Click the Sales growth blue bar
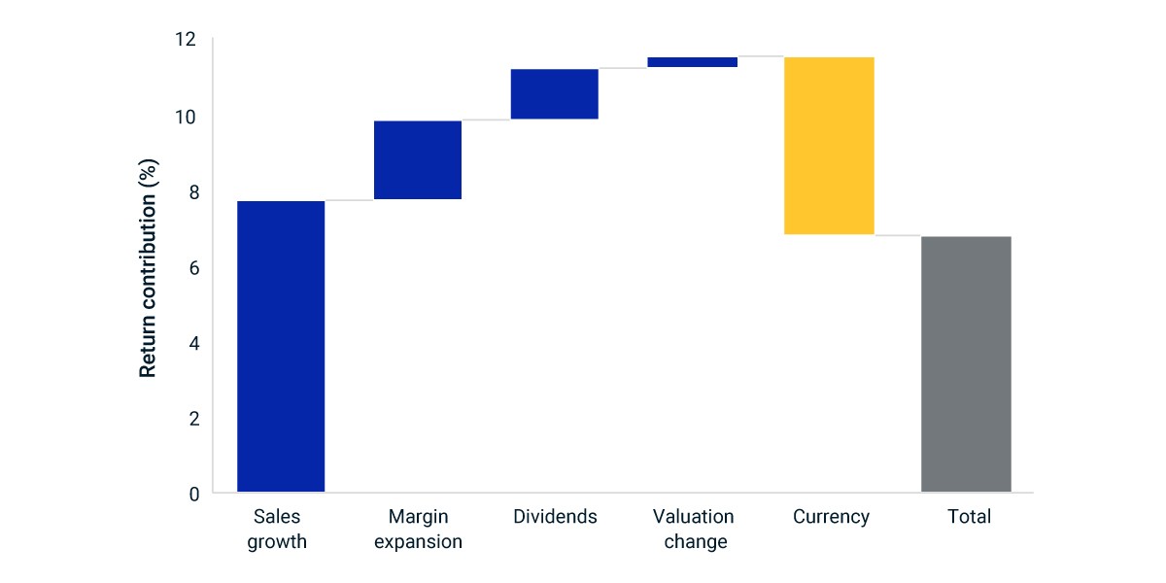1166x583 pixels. [281, 346]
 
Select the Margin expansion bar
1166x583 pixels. [418, 159]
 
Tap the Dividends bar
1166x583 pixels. [555, 93]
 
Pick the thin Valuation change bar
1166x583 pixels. [692, 62]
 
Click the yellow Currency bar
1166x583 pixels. [829, 146]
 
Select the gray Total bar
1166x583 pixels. [966, 363]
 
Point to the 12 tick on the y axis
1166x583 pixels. [186, 40]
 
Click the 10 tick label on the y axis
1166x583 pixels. [186, 118]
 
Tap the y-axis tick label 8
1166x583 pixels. [194, 192]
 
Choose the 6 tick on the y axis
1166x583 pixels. [194, 268]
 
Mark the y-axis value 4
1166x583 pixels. [194, 344]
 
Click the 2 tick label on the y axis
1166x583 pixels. [194, 419]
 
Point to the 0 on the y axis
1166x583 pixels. [194, 495]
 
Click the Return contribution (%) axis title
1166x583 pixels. [148, 268]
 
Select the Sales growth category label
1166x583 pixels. [277, 529]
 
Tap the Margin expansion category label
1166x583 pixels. [418, 529]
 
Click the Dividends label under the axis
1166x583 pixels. [555, 516]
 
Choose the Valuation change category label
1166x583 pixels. [694, 529]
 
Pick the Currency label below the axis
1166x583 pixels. [832, 517]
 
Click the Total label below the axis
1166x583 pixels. [970, 516]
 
